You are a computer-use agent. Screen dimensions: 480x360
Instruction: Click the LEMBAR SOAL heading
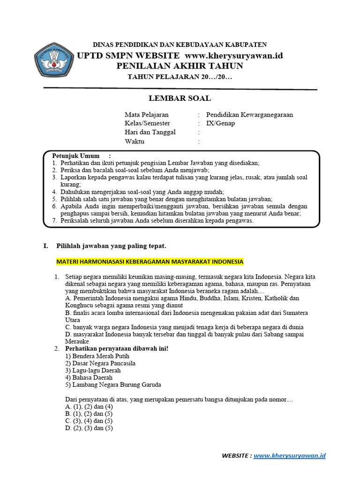coord(180,98)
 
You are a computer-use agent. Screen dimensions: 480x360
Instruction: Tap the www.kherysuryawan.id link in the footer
coord(290,455)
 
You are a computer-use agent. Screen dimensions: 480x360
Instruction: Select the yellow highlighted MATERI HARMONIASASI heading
coord(150,261)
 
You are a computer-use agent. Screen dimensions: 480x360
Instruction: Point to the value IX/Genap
coord(220,123)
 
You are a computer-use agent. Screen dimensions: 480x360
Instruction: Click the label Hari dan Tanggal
coord(150,132)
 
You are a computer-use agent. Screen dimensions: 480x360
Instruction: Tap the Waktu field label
coord(135,141)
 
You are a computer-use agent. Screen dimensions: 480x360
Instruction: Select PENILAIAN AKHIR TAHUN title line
coord(180,66)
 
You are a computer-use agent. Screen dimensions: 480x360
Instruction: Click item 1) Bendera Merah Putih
coord(95,356)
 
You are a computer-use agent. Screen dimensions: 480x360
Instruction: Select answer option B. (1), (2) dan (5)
coord(89,414)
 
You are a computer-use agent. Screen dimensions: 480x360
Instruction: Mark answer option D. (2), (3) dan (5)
coord(89,428)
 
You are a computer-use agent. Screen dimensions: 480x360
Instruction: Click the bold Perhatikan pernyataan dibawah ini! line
coord(116,349)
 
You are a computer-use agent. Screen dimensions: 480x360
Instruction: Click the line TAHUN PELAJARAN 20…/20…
coord(180,77)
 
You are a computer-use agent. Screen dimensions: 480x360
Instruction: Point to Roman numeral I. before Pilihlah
coord(45,246)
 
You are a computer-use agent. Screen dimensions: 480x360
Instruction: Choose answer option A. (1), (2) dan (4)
coord(89,407)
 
